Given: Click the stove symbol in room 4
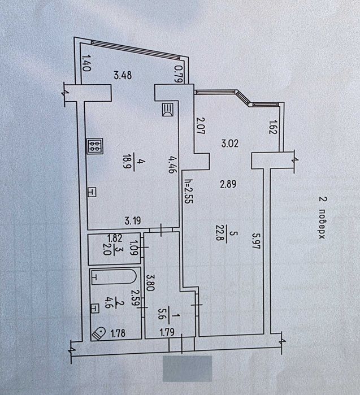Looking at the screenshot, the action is tap(95, 146).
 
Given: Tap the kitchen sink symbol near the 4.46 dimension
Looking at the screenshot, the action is tap(168, 110).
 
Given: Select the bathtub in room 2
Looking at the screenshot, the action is tap(114, 277).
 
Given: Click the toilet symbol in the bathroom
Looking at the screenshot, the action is tap(99, 334).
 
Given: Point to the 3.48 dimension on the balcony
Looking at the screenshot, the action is tap(123, 75).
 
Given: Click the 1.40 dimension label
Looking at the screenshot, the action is tap(86, 63).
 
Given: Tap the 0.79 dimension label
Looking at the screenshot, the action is tap(179, 74).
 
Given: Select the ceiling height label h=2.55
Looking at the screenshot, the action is tap(188, 191).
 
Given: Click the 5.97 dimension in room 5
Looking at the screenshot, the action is tap(255, 241).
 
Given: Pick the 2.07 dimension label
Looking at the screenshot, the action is tap(200, 126).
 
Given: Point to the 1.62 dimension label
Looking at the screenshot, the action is tap(273, 127).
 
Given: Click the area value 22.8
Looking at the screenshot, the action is tap(219, 233).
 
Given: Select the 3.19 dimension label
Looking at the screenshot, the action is tap(133, 221).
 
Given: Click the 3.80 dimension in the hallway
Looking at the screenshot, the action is tap(150, 283).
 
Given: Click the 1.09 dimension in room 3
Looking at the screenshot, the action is tap(133, 248).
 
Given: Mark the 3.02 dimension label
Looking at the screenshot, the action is tap(229, 144).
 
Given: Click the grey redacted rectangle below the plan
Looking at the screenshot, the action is tap(187, 368).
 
